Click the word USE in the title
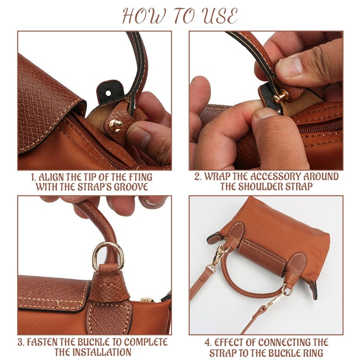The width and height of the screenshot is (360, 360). click(217, 17)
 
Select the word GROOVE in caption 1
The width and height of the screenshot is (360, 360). click(130, 186)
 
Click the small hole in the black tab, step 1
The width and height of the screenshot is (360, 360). click(107, 92)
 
